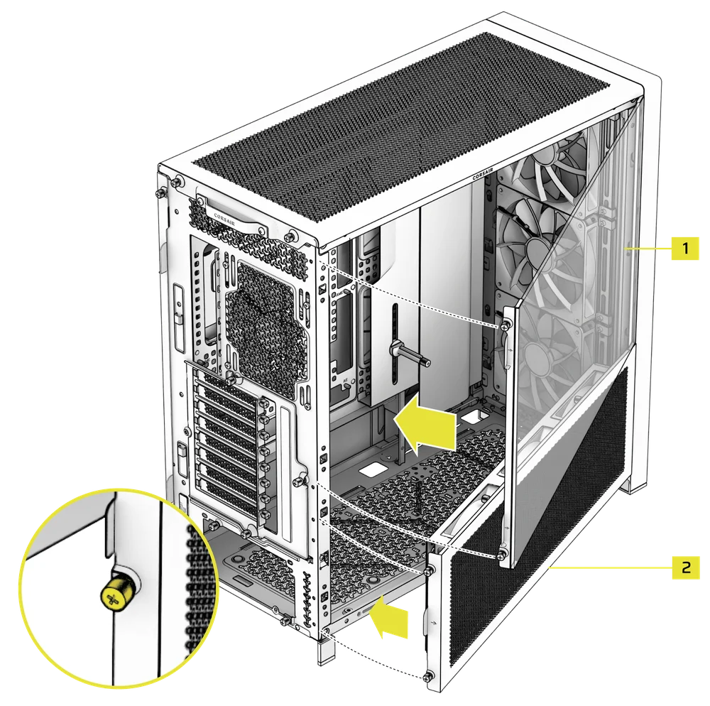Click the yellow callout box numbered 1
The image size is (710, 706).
coord(685,248)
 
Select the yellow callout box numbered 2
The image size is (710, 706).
coord(686,567)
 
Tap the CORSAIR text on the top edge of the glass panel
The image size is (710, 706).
coord(483,174)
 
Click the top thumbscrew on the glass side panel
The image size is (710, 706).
coord(505,325)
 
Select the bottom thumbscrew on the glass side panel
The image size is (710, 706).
coord(502,553)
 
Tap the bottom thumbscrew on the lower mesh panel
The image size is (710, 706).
coord(427,677)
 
